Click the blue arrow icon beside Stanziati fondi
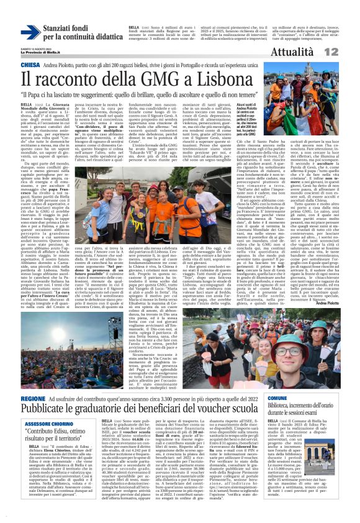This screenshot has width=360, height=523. coord(30,32)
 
